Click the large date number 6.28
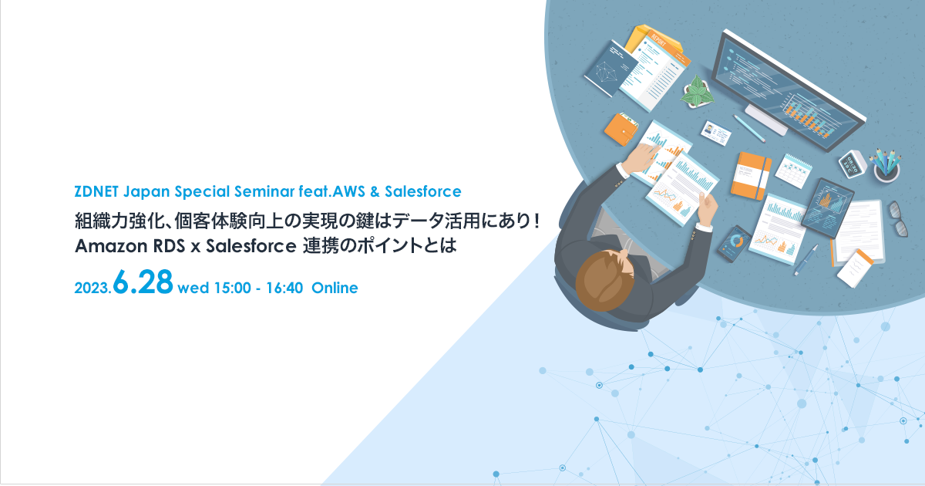143,282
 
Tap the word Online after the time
335,289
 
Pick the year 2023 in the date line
92,289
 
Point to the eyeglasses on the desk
896,218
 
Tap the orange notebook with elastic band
750,174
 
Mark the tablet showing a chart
829,203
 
